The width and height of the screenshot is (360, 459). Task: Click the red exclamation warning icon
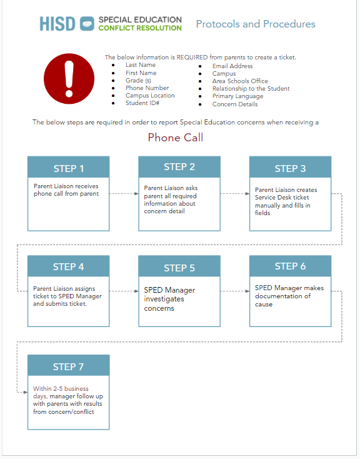coord(69,78)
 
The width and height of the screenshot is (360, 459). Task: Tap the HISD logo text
coord(57,24)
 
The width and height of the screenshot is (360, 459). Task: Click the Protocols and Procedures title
coord(256,24)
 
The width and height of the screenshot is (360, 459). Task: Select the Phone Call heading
coord(176,138)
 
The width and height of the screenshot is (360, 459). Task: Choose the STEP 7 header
coord(69,366)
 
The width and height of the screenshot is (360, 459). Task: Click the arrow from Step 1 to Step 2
coord(124,193)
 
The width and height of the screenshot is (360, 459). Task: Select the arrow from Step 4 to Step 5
coord(124,291)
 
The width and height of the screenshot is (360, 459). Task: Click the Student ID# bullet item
coord(142,103)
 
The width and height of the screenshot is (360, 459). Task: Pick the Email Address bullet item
coord(232,66)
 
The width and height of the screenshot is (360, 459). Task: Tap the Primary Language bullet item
coord(237,96)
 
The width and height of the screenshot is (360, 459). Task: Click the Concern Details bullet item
coord(235,104)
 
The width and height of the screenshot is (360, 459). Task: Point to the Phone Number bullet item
coord(147,88)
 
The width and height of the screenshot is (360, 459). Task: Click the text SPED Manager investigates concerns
coord(169,299)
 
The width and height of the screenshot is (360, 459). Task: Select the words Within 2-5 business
coord(61,389)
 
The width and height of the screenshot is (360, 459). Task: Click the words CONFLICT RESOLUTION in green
coord(140,28)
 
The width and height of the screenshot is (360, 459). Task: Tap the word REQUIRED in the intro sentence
coord(192,58)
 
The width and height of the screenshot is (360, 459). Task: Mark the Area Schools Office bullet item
coord(240,81)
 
